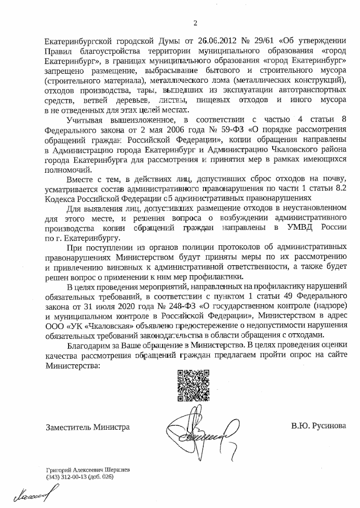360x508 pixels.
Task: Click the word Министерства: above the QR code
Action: [73, 364]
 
